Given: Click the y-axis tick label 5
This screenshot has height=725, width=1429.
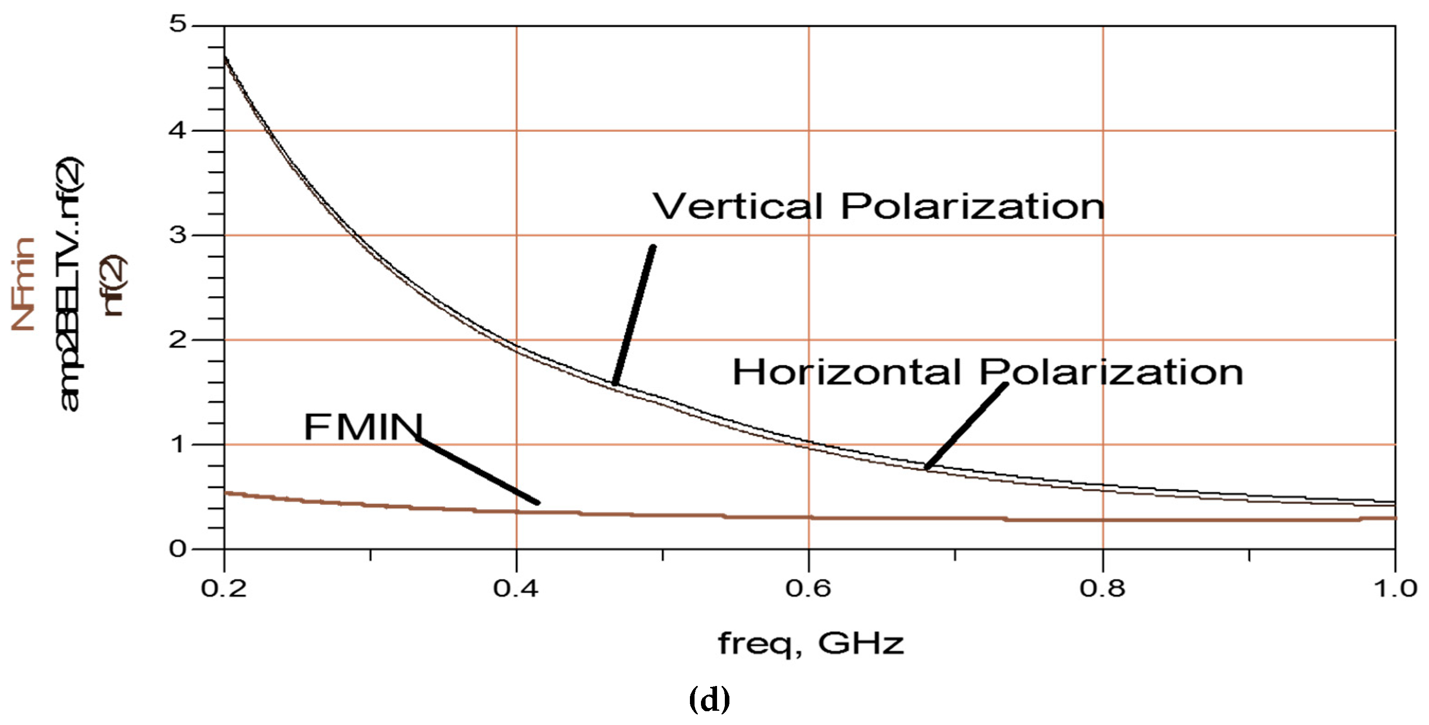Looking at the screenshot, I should click(179, 24).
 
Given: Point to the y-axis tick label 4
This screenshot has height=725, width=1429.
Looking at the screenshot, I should click(178, 130).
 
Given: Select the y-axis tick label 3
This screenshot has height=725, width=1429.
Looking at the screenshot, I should click(178, 235).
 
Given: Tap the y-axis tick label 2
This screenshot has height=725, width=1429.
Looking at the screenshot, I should click(178, 339).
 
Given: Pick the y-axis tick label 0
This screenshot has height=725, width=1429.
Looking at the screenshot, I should click(178, 549).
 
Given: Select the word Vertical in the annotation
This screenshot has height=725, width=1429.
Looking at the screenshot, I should click(738, 206).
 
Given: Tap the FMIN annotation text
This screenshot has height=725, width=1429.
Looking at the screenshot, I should click(364, 427).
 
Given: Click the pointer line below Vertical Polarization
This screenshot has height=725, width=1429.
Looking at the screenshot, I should click(634, 315).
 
